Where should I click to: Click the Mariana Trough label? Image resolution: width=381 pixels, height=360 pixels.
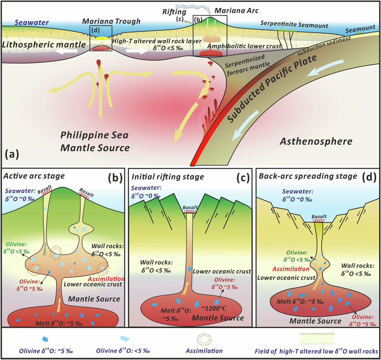point(111,21)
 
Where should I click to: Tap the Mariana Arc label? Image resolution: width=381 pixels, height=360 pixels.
point(237,10)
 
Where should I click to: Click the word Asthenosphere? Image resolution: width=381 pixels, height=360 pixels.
point(316,141)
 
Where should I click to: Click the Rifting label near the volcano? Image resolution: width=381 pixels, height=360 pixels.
point(174,12)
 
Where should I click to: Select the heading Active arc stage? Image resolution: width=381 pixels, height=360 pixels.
point(34,176)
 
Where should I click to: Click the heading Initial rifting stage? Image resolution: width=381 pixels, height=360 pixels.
point(168,177)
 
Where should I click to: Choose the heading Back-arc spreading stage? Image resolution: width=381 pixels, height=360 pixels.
point(308,176)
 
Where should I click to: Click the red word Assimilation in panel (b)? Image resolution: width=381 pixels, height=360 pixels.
point(106,279)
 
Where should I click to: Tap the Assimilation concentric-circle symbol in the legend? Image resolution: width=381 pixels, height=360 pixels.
point(204,339)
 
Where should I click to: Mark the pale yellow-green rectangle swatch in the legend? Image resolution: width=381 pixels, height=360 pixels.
point(317,339)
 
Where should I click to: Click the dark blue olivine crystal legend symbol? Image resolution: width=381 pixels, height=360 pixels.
point(45,339)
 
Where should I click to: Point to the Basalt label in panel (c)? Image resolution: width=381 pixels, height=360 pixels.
point(190,207)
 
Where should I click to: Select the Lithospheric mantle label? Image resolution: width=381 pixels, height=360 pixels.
point(44,44)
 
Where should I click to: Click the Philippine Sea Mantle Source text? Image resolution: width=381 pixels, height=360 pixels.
point(95,141)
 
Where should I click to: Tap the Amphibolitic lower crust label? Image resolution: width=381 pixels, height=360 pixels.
point(244,46)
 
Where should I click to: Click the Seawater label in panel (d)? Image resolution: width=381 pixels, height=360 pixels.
point(297,192)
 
